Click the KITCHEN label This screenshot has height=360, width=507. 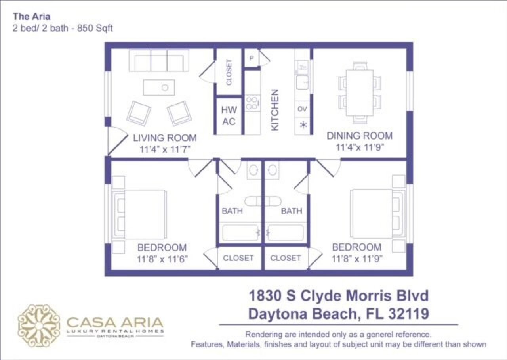click(274, 110)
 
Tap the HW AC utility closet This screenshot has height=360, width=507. click(229, 116)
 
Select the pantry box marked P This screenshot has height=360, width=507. click(252, 58)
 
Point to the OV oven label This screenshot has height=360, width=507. click(302, 109)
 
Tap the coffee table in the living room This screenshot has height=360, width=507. click(159, 87)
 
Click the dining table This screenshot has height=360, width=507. click(360, 92)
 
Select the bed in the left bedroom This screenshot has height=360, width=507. click(144, 214)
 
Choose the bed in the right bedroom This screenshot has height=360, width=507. click(372, 214)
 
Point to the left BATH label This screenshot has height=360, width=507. click(232, 211)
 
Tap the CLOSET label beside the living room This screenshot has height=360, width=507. click(229, 72)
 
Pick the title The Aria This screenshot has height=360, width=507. click(31, 17)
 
